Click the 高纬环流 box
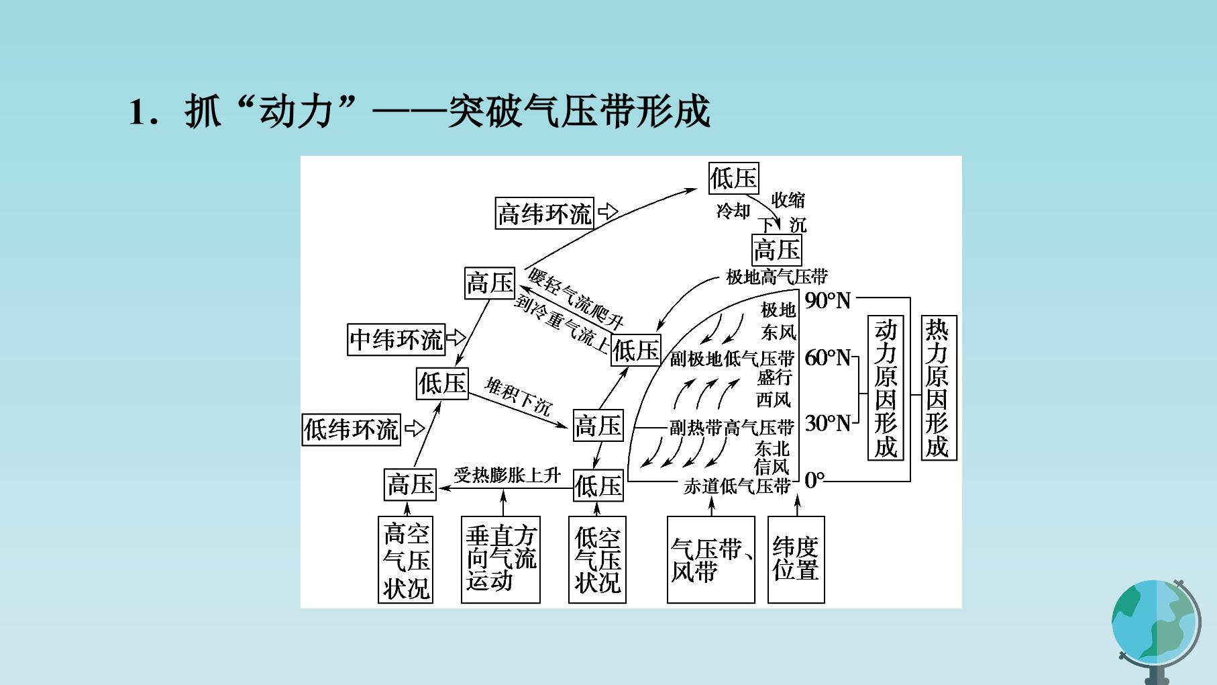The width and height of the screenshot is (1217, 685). (x=545, y=214)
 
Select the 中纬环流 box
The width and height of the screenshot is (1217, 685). (x=396, y=339)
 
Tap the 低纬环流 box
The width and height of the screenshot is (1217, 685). (x=351, y=429)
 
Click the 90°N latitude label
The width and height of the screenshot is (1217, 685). (x=828, y=300)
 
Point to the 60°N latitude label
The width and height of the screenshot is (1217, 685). (x=828, y=358)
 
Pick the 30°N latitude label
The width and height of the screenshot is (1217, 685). (x=828, y=422)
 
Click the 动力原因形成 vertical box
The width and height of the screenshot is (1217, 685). (x=886, y=388)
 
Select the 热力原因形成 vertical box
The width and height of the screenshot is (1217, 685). (x=938, y=388)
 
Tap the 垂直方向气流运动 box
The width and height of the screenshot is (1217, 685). (x=500, y=559)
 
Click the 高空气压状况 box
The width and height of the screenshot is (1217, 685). (x=406, y=559)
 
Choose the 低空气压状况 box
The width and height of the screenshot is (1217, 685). (x=597, y=559)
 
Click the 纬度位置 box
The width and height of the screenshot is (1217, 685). (x=796, y=559)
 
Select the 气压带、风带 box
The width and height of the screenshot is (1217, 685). (x=711, y=559)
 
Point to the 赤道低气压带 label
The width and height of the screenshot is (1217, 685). (x=737, y=486)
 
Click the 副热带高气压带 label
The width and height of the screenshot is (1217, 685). (x=732, y=427)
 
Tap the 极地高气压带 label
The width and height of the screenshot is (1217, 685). (x=777, y=276)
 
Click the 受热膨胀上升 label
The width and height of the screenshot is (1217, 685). (x=507, y=475)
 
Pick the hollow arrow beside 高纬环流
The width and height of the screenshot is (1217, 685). (x=608, y=212)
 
